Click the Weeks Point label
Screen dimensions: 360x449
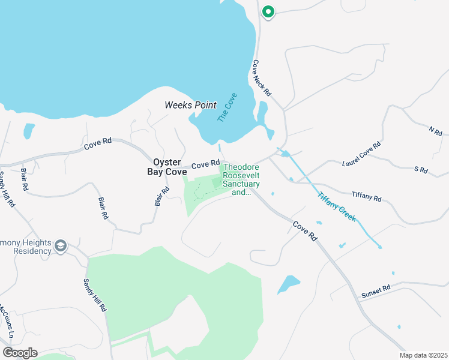coord(190,105)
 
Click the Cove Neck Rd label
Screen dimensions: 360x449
coord(262,79)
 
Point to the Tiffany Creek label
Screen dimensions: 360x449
coord(337,206)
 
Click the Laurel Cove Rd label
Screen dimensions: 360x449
coord(361,155)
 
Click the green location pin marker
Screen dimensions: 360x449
coord(268,11)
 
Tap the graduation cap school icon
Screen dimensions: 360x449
coord(61,245)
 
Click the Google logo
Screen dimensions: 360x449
coord(20,353)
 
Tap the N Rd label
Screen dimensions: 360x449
coord(435,130)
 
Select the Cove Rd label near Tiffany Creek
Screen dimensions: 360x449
coord(304,231)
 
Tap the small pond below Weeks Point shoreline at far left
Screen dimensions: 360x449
coord(29,131)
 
